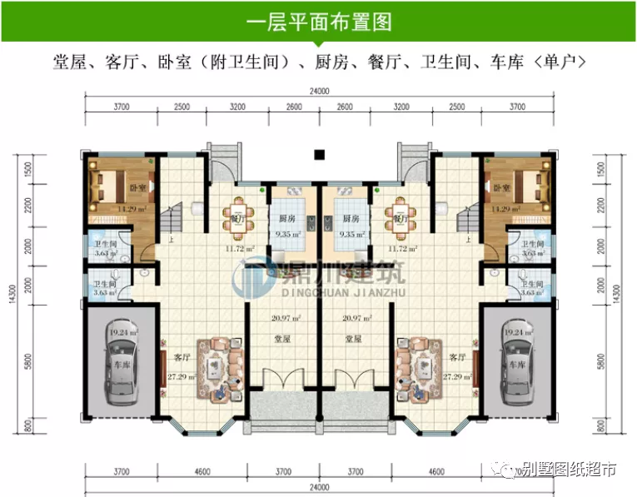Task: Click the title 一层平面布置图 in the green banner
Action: tap(318, 22)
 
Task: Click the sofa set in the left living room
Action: tap(220, 364)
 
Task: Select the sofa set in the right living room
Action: tap(416, 364)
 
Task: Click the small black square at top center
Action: tap(317, 153)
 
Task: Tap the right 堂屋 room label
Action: tap(352, 339)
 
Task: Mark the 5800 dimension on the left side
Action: tap(30, 363)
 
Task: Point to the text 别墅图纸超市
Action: tap(569, 471)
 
